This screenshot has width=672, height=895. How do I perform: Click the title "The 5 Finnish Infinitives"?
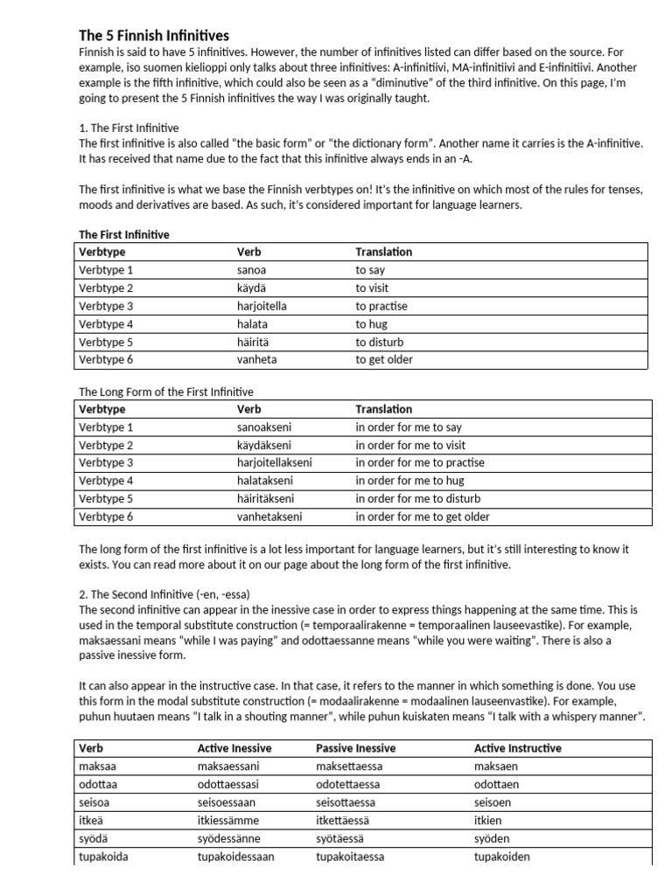tap(154, 36)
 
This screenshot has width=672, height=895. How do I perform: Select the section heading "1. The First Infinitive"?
tap(129, 128)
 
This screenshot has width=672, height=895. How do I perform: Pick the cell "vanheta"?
tap(258, 359)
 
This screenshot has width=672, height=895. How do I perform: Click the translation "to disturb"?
tap(380, 342)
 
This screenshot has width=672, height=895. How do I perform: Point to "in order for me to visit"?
tap(409, 445)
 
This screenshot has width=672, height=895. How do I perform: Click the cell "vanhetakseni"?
tap(269, 517)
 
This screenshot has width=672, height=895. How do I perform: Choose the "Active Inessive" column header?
tap(234, 748)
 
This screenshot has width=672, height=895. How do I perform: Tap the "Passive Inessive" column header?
tap(355, 748)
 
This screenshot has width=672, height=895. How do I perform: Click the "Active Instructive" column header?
tap(518, 748)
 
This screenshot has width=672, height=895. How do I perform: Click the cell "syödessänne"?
tap(229, 838)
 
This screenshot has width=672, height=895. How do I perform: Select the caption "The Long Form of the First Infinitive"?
tap(166, 392)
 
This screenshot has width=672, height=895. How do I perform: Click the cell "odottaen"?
tap(496, 784)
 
